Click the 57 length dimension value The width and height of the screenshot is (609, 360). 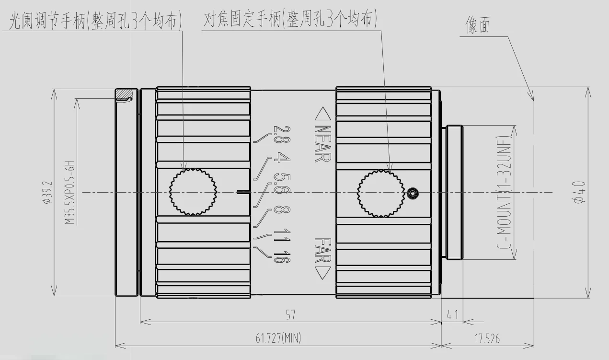(x=290, y=315)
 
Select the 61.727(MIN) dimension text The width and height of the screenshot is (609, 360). (x=278, y=338)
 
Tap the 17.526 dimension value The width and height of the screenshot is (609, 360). (x=487, y=338)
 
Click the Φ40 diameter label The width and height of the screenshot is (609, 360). (x=580, y=192)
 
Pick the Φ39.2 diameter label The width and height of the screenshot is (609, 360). (x=46, y=192)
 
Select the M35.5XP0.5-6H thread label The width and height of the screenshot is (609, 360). (x=70, y=192)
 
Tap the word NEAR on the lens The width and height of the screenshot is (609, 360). (x=322, y=144)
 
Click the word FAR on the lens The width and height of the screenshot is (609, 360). (x=322, y=251)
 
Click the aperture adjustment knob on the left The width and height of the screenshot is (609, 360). (x=193, y=192)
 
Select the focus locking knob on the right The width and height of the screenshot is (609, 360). (x=380, y=192)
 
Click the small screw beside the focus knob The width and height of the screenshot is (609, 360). (x=414, y=194)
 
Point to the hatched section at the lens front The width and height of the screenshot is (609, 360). (x=125, y=94)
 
